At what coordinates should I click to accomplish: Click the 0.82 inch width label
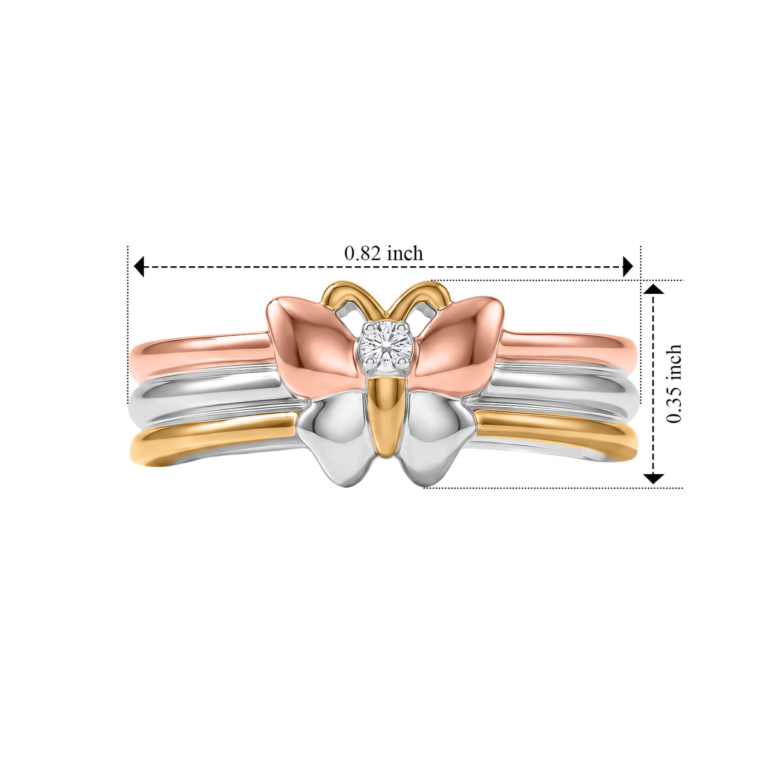click(x=383, y=253)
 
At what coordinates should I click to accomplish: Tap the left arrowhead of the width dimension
click(x=139, y=266)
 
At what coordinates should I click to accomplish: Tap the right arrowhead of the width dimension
click(x=628, y=266)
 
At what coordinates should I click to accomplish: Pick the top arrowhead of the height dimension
click(x=653, y=289)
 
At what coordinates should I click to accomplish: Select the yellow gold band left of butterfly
click(x=211, y=438)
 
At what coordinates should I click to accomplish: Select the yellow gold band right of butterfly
click(x=558, y=433)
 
